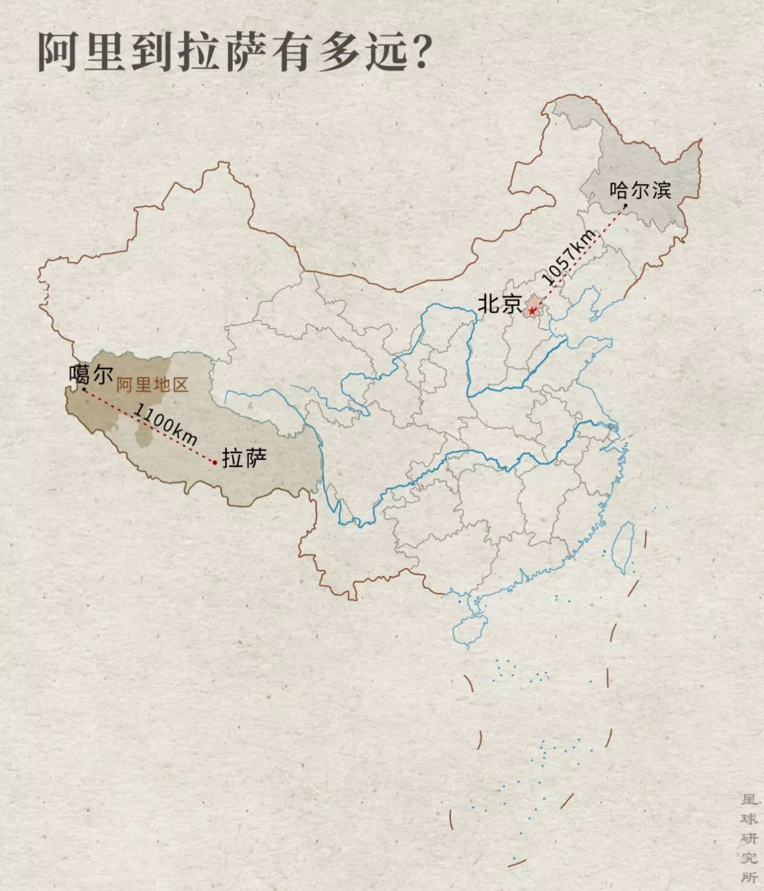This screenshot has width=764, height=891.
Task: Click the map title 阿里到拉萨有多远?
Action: pyautogui.click(x=233, y=51)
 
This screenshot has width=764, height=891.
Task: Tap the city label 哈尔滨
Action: pyautogui.click(x=640, y=189)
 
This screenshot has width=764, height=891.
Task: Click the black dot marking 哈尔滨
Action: pyautogui.click(x=625, y=207)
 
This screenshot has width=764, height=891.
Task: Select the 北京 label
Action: pyautogui.click(x=499, y=304)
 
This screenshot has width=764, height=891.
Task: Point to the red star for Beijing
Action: pyautogui.click(x=532, y=310)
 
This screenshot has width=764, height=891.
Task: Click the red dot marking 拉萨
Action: pyautogui.click(x=214, y=462)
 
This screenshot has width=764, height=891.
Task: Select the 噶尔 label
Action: pyautogui.click(x=91, y=374)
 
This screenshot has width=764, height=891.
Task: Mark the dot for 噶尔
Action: pyautogui.click(x=84, y=389)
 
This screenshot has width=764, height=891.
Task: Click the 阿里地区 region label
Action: pyautogui.click(x=153, y=386)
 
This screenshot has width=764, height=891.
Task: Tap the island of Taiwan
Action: pyautogui.click(x=623, y=547)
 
